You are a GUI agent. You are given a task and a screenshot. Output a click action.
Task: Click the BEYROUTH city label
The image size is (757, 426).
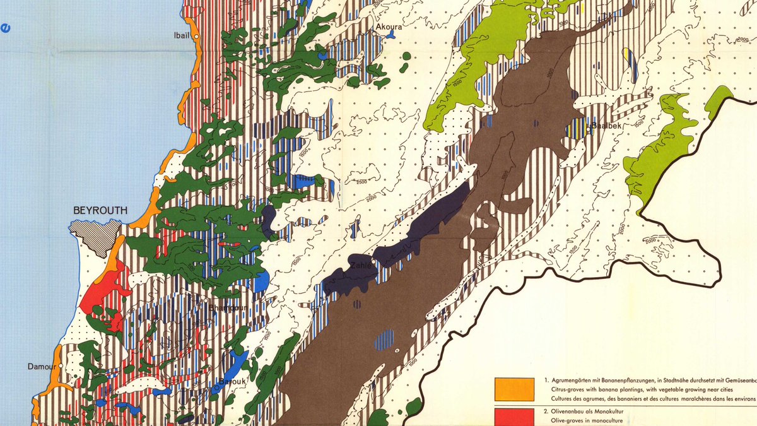100,211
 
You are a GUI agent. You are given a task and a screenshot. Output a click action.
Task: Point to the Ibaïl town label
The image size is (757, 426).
182,37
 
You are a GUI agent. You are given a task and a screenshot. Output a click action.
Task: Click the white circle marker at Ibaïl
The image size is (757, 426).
197,37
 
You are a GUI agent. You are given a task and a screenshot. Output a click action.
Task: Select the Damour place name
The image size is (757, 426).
42,367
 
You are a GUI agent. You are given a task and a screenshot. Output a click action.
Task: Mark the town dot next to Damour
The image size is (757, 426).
61,367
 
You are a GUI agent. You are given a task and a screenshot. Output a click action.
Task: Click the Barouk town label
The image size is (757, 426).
233,381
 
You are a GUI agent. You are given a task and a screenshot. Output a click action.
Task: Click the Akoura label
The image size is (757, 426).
389,27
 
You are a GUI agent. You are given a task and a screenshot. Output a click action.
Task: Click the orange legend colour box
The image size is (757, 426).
514,389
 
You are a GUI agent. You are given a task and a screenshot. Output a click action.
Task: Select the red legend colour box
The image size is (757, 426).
514,418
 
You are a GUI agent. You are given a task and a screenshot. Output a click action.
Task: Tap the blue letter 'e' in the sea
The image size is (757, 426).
6,27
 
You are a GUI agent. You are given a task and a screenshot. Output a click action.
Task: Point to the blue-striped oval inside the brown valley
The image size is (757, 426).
384,340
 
